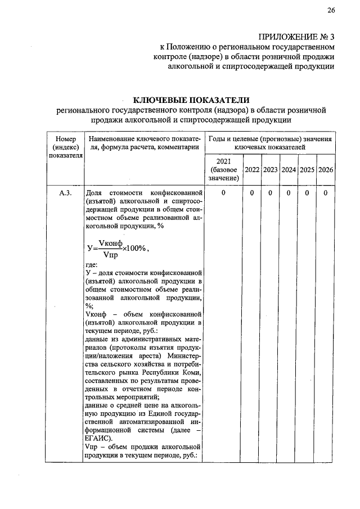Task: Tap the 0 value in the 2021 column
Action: coord(223,193)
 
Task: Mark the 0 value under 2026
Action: coord(326,193)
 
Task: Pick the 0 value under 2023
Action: coord(271,193)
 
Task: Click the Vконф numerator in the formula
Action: coord(110,242)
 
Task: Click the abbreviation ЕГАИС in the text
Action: coord(99,438)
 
